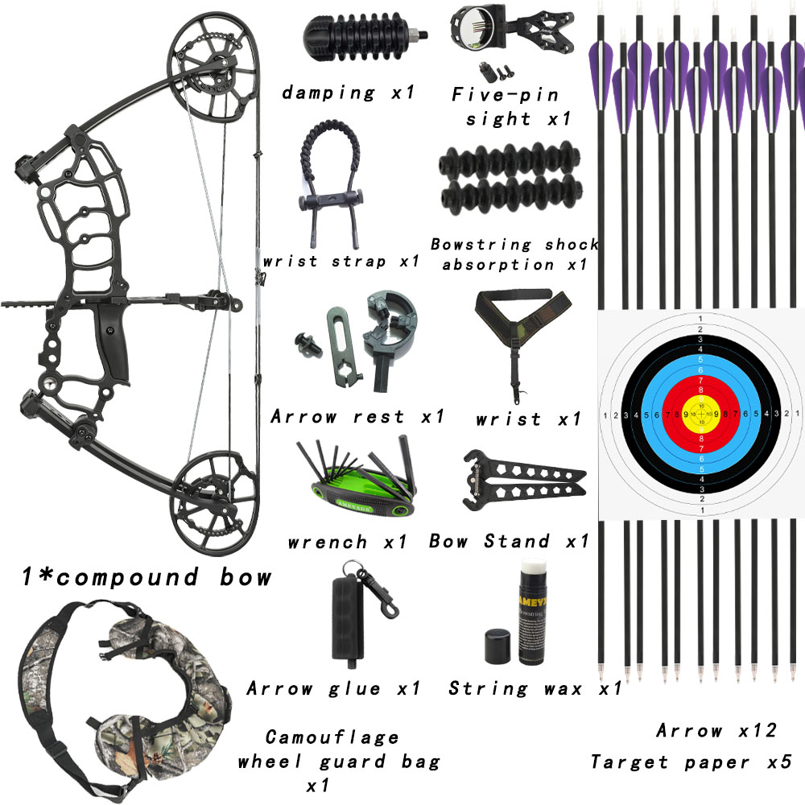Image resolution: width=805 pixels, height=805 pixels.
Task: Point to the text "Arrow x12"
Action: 716,731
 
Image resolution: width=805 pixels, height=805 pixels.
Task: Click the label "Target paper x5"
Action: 691,762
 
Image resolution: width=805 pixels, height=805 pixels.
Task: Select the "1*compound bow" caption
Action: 145,577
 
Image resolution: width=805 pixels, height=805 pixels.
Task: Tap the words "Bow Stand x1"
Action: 509,541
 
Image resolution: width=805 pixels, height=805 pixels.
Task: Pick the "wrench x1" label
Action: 347,542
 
